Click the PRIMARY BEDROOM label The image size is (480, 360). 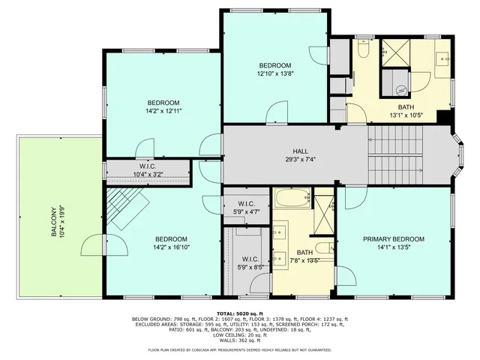[394, 239]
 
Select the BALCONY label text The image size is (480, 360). [54, 222]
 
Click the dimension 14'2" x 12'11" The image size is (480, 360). [163, 110]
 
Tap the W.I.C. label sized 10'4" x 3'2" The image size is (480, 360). [147, 174]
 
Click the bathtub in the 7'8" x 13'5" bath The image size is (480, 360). [291, 199]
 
